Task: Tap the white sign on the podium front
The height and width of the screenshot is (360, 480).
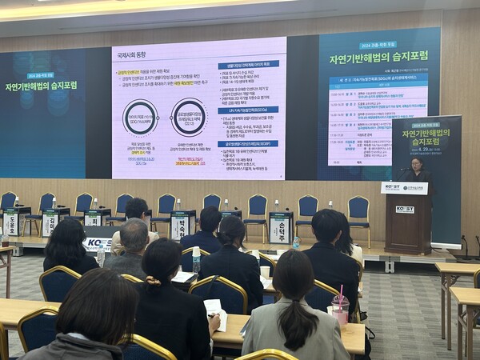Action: pyautogui.click(x=405, y=210)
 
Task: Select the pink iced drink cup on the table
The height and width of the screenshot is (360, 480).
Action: pyautogui.click(x=340, y=309)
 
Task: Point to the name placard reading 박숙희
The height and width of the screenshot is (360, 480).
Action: pyautogui.click(x=182, y=225)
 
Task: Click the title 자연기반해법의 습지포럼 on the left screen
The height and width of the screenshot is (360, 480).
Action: pyautogui.click(x=40, y=86)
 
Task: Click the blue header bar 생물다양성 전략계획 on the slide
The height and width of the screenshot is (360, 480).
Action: pyautogui.click(x=248, y=64)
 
